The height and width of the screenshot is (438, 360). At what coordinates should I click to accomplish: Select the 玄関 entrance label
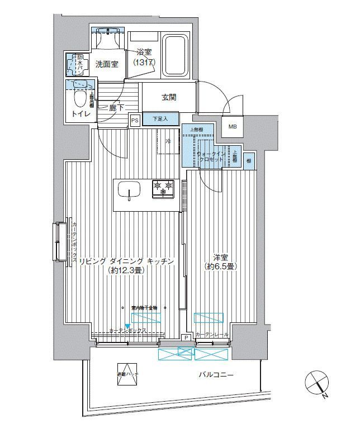click(169, 97)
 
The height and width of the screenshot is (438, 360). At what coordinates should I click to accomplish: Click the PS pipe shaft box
click(135, 120)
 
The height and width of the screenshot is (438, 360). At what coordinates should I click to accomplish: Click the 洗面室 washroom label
click(106, 64)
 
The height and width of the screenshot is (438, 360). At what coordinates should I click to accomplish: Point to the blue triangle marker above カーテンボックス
click(128, 326)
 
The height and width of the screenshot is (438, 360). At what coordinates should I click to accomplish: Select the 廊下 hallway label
click(116, 108)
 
